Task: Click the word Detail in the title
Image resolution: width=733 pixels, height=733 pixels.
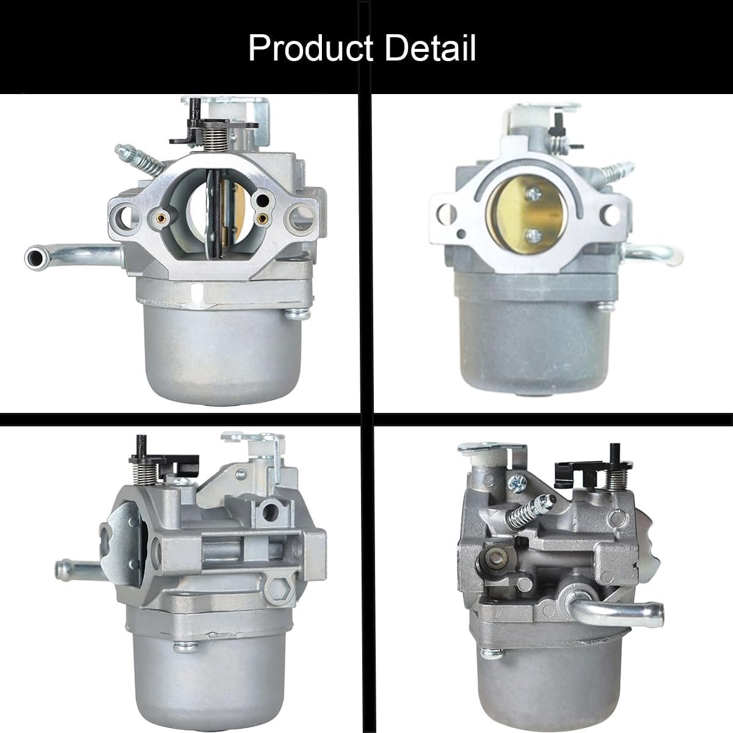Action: (x=431, y=48)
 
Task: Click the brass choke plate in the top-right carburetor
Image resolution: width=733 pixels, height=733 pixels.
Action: (x=528, y=216)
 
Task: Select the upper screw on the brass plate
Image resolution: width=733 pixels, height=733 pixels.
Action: (x=533, y=195)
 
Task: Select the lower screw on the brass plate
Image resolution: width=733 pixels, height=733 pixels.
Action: (x=533, y=236)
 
